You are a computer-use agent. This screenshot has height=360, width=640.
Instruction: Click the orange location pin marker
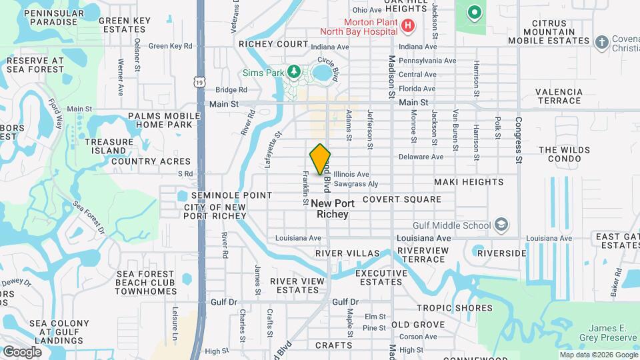click(x=321, y=159)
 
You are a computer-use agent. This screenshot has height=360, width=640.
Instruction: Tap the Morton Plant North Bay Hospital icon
click(x=409, y=27)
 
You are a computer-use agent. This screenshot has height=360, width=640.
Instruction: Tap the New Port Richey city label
click(x=330, y=209)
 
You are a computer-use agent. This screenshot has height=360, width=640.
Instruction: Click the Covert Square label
click(x=402, y=199)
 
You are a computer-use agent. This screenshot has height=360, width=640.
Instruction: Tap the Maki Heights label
click(x=469, y=182)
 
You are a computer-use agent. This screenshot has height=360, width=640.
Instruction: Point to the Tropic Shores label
click(x=455, y=308)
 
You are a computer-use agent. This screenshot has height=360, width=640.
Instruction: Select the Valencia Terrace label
click(x=559, y=97)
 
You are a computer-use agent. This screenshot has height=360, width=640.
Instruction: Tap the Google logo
click(x=21, y=351)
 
